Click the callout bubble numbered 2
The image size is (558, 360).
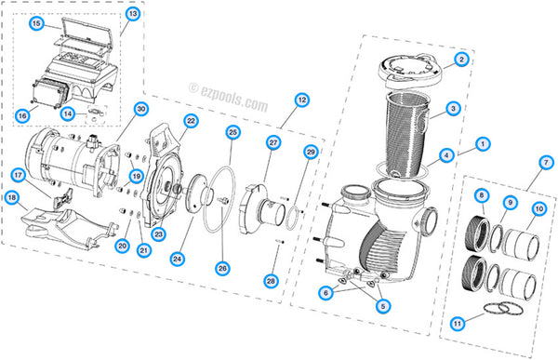tap(459, 60)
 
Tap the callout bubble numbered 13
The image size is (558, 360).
tap(132, 14)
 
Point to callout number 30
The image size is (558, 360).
tap(140, 108)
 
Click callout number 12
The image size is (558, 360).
tap(301, 99)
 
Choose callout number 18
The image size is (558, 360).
tap(12, 197)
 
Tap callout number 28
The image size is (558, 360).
tap(271, 280)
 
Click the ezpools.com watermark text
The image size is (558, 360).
tap(228, 91)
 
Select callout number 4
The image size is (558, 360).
tap(447, 154)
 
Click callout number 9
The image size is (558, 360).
tap(509, 202)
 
